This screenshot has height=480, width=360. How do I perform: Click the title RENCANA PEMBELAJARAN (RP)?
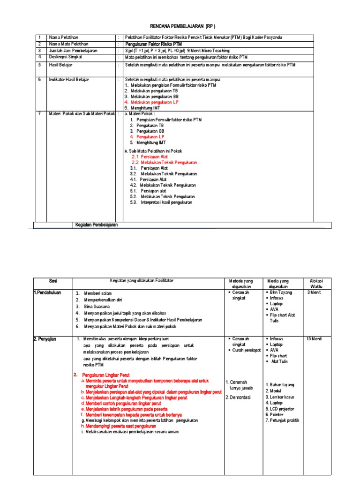click(x=180, y=26)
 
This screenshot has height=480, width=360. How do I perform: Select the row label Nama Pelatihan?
click(x=64, y=37)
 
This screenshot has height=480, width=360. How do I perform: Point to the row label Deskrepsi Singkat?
click(x=66, y=57)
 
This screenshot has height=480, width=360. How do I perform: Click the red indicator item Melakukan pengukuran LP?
click(x=151, y=102)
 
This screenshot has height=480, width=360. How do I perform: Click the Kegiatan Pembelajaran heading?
click(x=97, y=225)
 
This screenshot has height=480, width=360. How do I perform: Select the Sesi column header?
click(x=52, y=280)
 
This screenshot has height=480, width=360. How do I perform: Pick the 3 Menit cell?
click(x=314, y=292)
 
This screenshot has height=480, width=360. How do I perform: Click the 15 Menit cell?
click(x=315, y=338)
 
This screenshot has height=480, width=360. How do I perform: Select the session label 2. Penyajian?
click(x=47, y=338)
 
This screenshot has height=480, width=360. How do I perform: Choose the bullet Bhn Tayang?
click(x=281, y=292)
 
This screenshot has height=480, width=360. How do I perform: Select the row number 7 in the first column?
click(x=40, y=113)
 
